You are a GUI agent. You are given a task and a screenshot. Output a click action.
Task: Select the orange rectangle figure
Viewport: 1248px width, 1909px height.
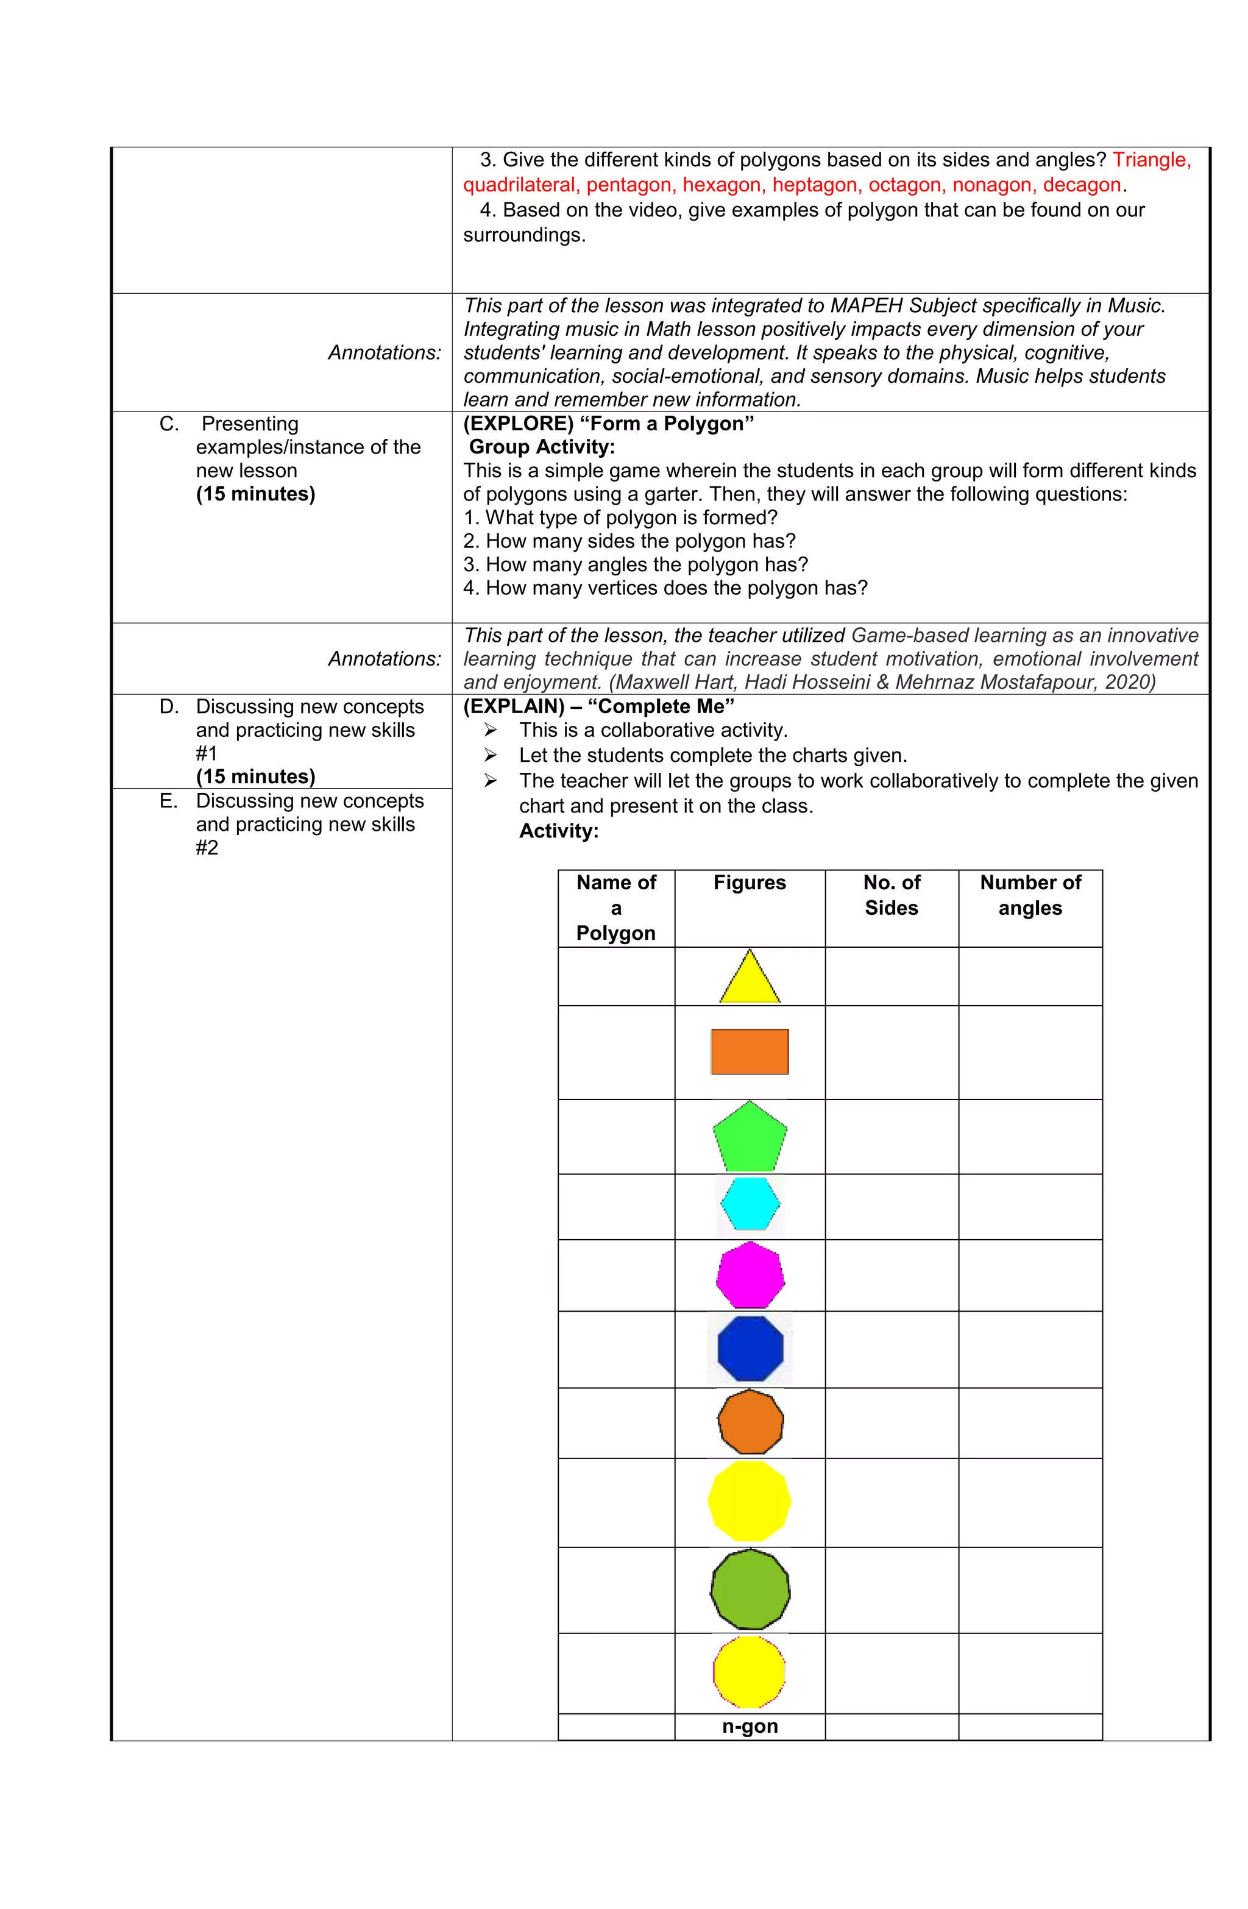point(749,1051)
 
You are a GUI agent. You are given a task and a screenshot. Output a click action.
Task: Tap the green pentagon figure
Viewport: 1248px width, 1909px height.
point(749,1138)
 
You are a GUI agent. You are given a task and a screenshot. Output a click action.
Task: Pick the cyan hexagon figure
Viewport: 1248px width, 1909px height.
point(749,1204)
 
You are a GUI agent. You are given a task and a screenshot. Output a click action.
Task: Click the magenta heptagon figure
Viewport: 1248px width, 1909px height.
point(749,1275)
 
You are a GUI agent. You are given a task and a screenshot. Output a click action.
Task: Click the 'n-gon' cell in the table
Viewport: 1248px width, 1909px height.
point(749,1726)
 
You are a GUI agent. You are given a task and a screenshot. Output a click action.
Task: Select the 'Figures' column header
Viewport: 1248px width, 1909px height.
point(749,883)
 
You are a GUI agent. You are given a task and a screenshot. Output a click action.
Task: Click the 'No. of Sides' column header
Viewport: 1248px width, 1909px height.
point(891,895)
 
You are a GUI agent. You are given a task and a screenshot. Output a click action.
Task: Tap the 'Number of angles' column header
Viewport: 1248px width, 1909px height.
point(1030,895)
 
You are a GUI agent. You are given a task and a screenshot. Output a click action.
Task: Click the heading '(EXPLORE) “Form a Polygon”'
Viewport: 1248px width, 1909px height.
point(608,424)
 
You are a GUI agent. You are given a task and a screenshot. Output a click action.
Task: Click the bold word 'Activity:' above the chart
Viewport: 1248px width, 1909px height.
point(558,831)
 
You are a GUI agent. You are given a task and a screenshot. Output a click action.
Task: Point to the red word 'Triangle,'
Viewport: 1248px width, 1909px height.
point(1151,160)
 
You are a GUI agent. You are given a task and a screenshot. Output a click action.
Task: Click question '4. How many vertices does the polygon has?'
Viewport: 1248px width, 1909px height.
point(665,588)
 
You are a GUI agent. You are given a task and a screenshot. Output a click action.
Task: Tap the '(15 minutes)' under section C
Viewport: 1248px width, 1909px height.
point(255,494)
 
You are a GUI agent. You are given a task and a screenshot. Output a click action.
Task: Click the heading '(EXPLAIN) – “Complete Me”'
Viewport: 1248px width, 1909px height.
point(598,706)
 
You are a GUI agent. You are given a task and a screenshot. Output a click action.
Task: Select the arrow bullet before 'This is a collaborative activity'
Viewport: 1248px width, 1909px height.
point(490,731)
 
